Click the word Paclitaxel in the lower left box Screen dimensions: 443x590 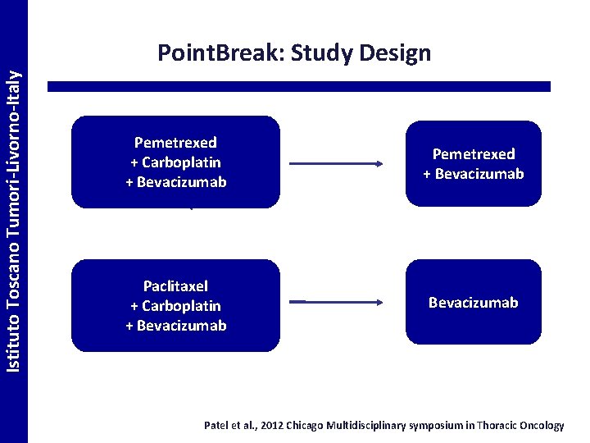(175, 286)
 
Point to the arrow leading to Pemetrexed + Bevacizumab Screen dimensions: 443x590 (336, 164)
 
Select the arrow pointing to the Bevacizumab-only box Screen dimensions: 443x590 (336, 303)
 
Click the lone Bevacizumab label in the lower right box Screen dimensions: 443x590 (473, 303)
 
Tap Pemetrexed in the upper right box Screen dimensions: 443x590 (473, 154)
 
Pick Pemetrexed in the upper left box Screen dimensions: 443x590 (175, 143)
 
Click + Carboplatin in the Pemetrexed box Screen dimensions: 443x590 (175, 162)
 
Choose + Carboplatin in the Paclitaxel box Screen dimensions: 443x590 (175, 306)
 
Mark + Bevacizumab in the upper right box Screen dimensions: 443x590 (473, 174)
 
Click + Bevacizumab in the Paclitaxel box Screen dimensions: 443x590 (175, 326)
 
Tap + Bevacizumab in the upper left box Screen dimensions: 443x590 (175, 182)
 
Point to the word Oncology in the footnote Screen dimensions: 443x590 (538, 426)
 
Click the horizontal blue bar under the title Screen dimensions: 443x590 (299, 86)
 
